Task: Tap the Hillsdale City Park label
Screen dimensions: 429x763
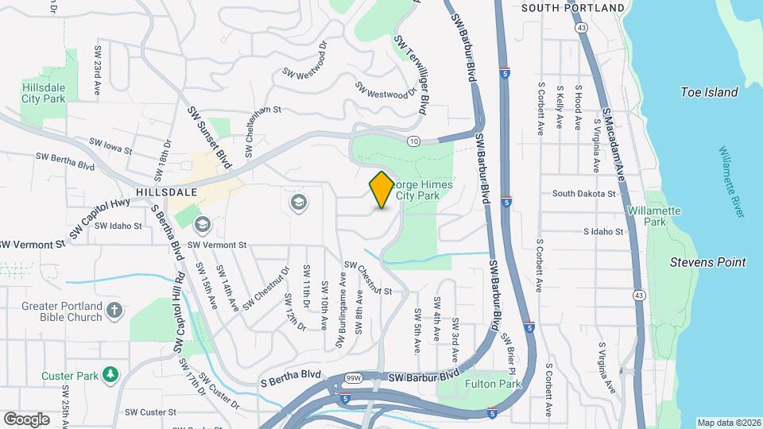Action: [45, 93]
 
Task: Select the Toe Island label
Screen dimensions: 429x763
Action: [709, 92]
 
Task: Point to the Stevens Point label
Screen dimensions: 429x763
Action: [707, 262]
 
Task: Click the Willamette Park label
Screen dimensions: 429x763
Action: [654, 216]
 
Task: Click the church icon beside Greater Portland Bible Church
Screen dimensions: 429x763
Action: [114, 309]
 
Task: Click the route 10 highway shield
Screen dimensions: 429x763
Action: [414, 141]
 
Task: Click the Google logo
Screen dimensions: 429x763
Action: [26, 419]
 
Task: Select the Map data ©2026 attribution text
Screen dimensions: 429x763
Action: [728, 423]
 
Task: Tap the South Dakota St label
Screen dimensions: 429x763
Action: [584, 193]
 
